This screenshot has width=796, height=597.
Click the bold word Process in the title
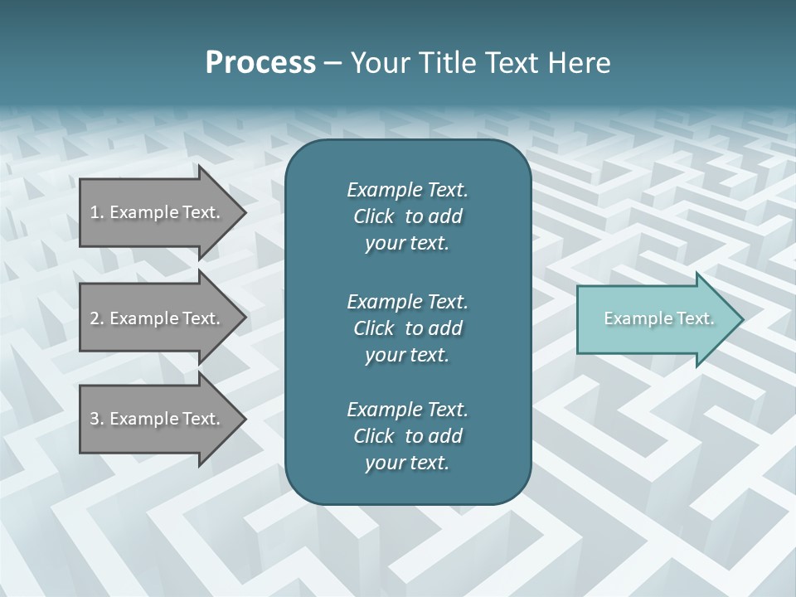(260, 63)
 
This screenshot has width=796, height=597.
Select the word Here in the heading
(579, 63)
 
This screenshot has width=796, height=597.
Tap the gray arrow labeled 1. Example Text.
(158, 212)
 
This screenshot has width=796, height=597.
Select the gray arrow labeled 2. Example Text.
(158, 318)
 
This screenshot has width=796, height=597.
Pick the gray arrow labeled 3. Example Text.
(158, 419)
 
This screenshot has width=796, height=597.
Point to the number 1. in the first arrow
(97, 212)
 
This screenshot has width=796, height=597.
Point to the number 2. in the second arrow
(97, 318)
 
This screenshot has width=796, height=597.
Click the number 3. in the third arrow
(97, 419)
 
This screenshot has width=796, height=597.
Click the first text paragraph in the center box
(407, 216)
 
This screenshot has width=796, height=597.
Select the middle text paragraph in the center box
(407, 328)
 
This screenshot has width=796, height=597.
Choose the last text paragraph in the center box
(407, 436)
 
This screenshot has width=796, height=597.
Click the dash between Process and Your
(333, 63)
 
